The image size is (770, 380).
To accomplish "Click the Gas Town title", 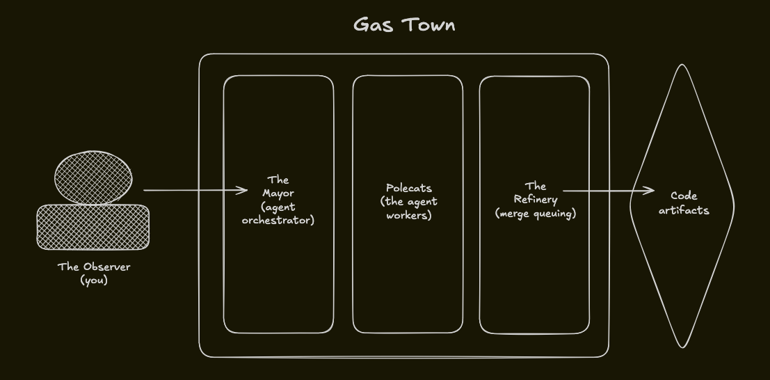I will tap(404, 25).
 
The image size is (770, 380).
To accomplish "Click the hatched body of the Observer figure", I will tap(93, 227).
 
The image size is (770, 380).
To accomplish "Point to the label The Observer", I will tap(94, 267).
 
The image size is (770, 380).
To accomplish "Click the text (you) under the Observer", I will tap(94, 280).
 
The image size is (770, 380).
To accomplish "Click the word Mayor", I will tap(278, 193).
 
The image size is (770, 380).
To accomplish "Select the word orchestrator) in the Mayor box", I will tap(278, 221).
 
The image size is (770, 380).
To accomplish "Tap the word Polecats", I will tap(409, 188).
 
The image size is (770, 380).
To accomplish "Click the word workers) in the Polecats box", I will tap(409, 215).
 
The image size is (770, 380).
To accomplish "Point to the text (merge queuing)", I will tap(536, 214).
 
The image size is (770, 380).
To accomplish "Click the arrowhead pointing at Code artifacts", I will tap(650, 191).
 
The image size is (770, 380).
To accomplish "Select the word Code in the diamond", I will tap(684, 196).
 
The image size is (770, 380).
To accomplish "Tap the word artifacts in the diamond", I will tap(684, 209).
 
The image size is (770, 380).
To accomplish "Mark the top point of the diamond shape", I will tap(683, 65).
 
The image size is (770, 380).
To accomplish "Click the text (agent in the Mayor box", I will tap(278, 207).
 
